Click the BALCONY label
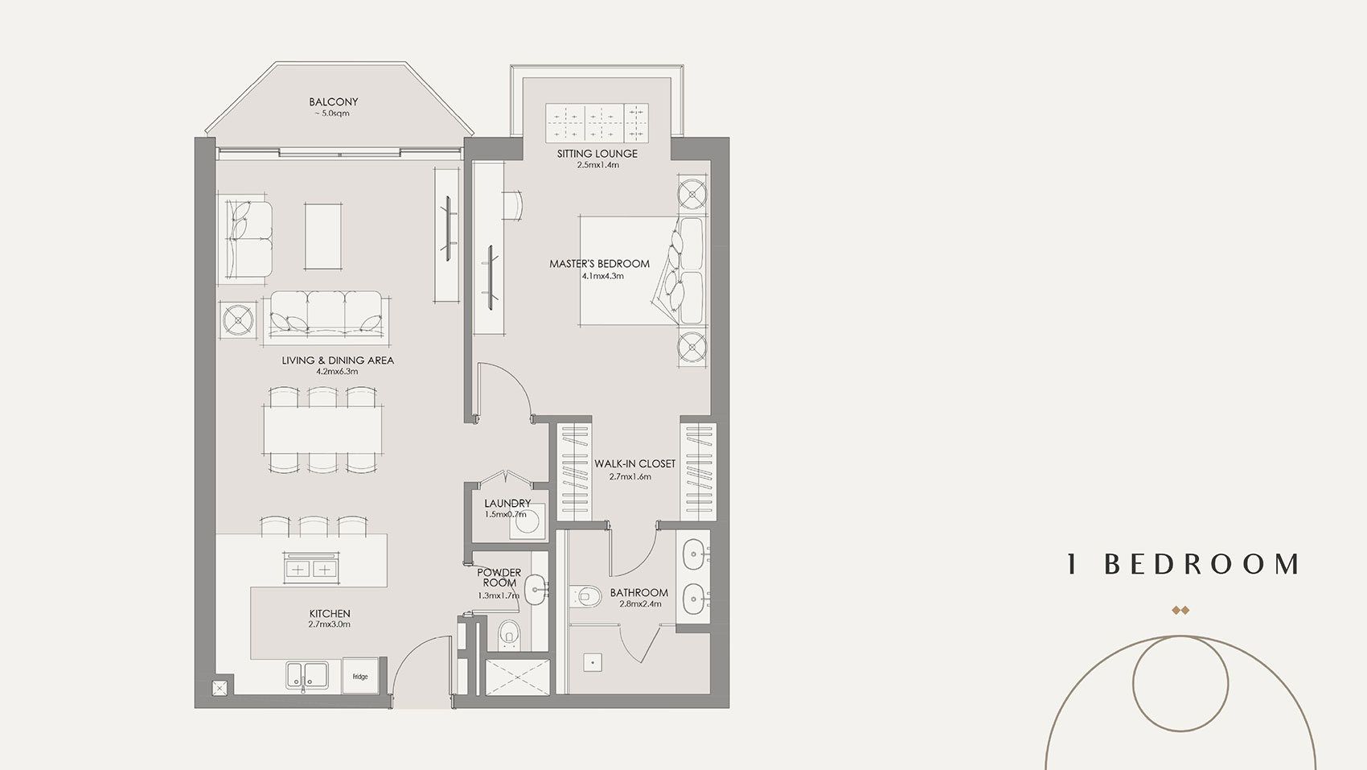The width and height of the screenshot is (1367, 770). point(333,102)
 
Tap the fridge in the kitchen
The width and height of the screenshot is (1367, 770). point(359,675)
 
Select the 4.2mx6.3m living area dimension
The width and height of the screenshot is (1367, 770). point(337,372)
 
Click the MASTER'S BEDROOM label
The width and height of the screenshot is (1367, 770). point(599,264)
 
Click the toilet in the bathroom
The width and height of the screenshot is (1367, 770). point(589,596)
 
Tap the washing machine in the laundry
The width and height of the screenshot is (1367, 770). point(528,521)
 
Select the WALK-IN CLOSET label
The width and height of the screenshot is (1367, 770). point(634,464)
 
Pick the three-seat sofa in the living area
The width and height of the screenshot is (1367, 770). point(326,314)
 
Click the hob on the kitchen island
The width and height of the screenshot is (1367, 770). point(310,568)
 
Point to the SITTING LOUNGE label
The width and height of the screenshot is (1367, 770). point(597,154)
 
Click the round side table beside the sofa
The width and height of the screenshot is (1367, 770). point(239,319)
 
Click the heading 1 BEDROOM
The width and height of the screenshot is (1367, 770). point(1182,565)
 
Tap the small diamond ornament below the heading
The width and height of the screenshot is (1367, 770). point(1180,611)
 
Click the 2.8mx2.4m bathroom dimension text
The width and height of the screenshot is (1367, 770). point(639,603)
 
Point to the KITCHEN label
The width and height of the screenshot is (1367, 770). point(329,614)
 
